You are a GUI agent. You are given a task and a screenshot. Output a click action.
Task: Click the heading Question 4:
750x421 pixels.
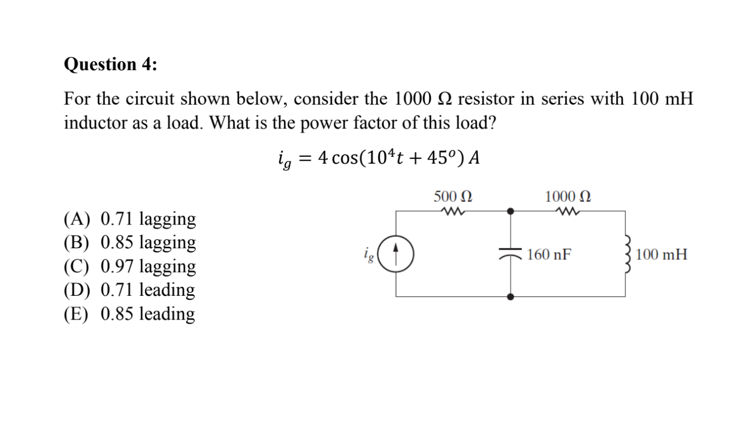coord(110,64)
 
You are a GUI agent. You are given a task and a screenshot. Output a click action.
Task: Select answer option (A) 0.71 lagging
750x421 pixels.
coord(130,219)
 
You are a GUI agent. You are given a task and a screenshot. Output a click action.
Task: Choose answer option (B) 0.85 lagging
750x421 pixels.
coord(130,242)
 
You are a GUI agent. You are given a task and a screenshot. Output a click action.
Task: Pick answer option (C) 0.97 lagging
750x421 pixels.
coord(130,266)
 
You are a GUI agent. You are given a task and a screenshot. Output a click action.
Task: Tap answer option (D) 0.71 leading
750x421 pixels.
coord(129,290)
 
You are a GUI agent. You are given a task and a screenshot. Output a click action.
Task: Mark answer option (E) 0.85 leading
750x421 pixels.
coord(129,314)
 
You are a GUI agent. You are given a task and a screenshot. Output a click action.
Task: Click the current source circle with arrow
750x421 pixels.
coord(396,255)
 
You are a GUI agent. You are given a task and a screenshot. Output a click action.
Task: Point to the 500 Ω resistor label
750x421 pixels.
coord(453,197)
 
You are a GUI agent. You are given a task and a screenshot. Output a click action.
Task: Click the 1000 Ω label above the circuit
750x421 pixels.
coord(568,197)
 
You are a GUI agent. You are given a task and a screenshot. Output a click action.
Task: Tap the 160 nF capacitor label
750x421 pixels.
coord(549,255)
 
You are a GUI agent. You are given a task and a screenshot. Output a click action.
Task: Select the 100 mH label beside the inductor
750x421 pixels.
coord(661,255)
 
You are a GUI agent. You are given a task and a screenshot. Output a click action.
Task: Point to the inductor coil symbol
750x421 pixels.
coord(626,254)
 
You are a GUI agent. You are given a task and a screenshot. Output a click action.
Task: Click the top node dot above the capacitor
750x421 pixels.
coord(510,211)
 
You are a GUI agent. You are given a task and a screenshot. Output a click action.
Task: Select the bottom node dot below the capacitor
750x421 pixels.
coord(510,297)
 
